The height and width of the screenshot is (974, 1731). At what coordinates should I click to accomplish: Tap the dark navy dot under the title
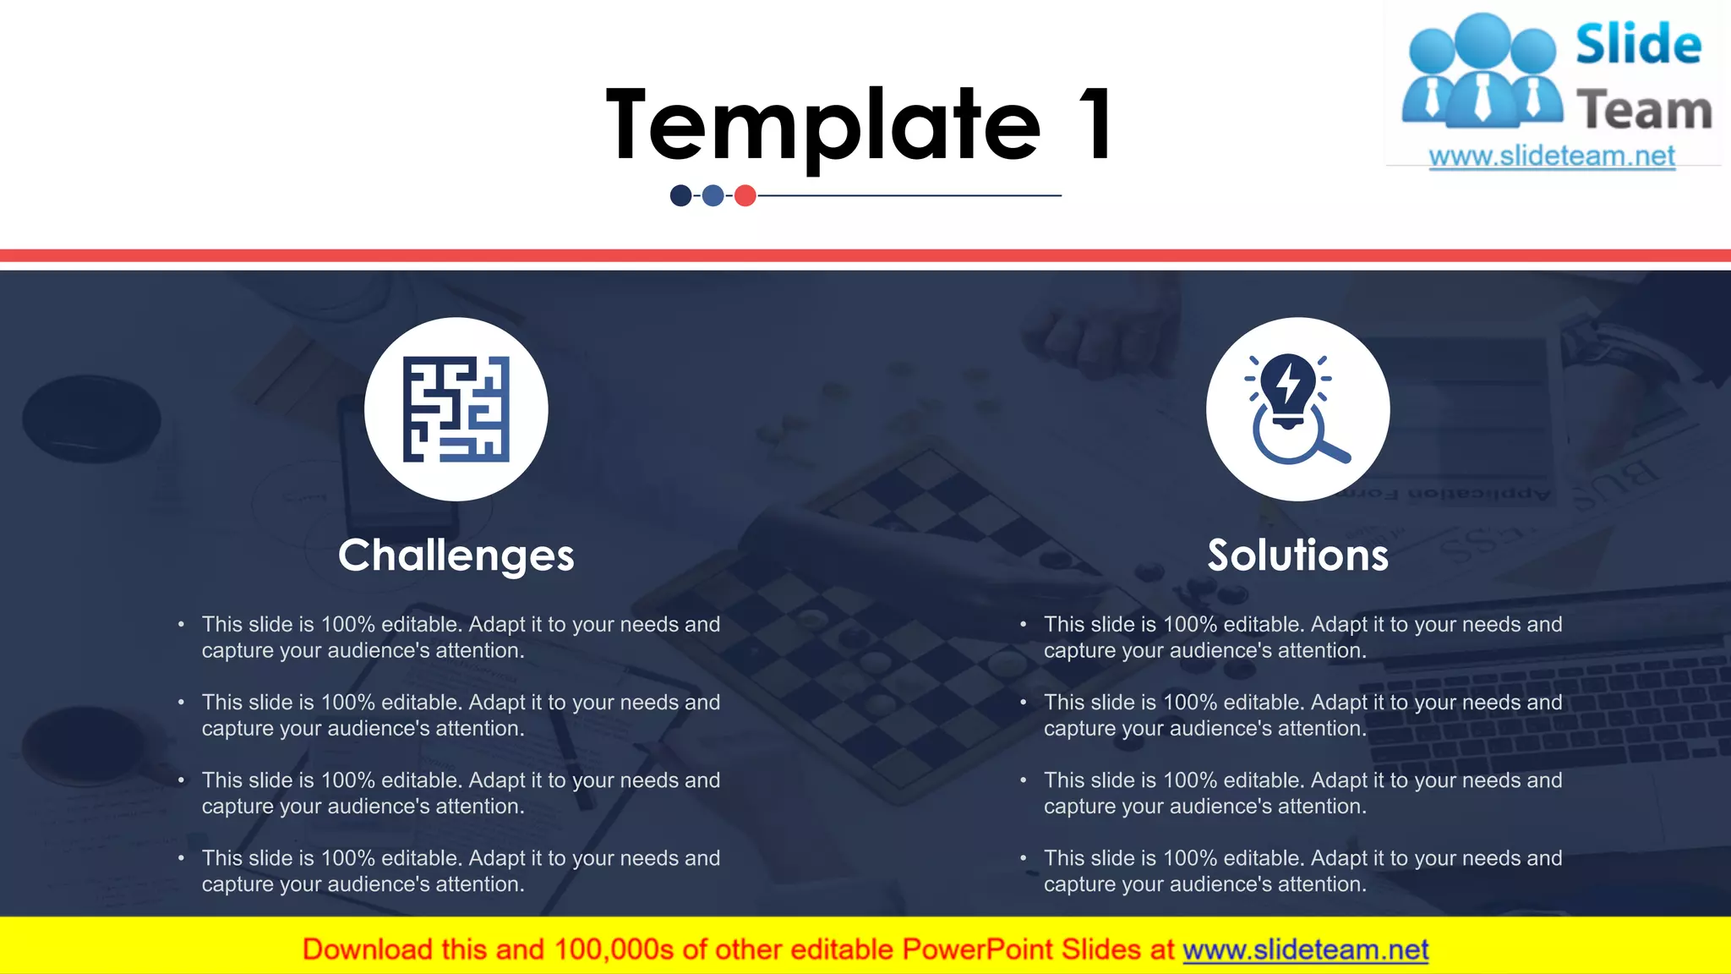coord(680,196)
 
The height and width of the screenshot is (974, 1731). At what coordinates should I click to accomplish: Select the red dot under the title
coord(745,196)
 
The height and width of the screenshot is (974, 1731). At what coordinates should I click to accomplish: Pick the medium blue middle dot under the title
coord(713,196)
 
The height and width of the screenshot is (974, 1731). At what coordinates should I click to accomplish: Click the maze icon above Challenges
coord(456,409)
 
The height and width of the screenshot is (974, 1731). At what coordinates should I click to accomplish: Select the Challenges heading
coord(456,555)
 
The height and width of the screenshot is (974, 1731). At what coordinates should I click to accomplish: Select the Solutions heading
coord(1297,555)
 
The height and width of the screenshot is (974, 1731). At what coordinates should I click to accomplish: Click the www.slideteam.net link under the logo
coord(1552,156)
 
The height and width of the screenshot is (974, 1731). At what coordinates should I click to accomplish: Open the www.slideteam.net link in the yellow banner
coord(1305,950)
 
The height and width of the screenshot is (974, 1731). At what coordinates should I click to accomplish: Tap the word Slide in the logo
coord(1638,45)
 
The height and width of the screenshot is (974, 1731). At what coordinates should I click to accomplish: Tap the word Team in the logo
coord(1644,111)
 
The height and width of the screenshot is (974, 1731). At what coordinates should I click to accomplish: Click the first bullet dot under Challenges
coord(181,625)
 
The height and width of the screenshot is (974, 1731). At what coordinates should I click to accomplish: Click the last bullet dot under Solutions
coord(1023,858)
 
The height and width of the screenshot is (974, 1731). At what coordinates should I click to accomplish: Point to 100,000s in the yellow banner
coord(614,950)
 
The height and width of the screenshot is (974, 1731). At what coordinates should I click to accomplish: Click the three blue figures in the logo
coord(1482,72)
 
